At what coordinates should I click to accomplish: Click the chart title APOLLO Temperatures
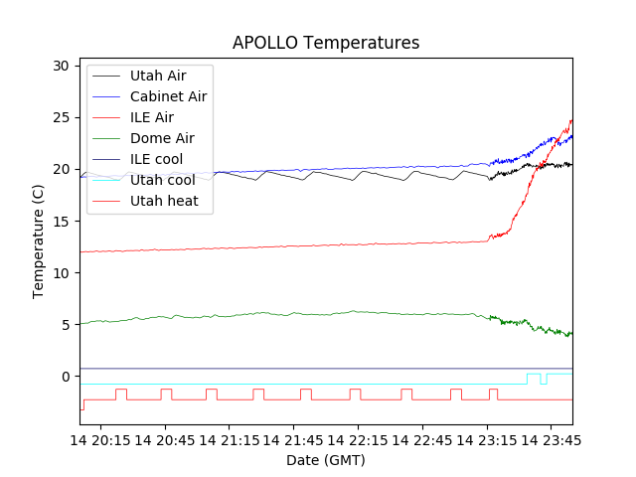tap(326, 43)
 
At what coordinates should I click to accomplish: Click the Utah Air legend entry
tap(157, 76)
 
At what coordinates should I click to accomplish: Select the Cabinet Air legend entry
tap(168, 96)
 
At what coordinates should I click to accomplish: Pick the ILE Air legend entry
tap(151, 117)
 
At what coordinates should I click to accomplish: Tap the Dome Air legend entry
tap(162, 138)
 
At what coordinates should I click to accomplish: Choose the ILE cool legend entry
tap(156, 159)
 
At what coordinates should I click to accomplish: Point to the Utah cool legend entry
tap(162, 180)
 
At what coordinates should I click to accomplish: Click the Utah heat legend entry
tap(164, 201)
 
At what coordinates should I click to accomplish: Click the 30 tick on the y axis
tap(62, 66)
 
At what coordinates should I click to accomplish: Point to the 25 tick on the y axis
tap(62, 117)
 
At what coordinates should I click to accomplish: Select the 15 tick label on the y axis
tap(62, 221)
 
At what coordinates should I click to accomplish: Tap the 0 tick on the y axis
tap(66, 376)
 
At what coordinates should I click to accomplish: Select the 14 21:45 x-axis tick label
tap(294, 439)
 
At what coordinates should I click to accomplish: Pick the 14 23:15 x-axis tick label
tap(487, 439)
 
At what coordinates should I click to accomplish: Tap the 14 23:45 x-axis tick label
tap(551, 439)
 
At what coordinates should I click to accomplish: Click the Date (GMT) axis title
tap(326, 460)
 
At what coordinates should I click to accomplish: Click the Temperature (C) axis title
tap(39, 240)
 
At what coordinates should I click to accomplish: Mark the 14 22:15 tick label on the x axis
tap(359, 439)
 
